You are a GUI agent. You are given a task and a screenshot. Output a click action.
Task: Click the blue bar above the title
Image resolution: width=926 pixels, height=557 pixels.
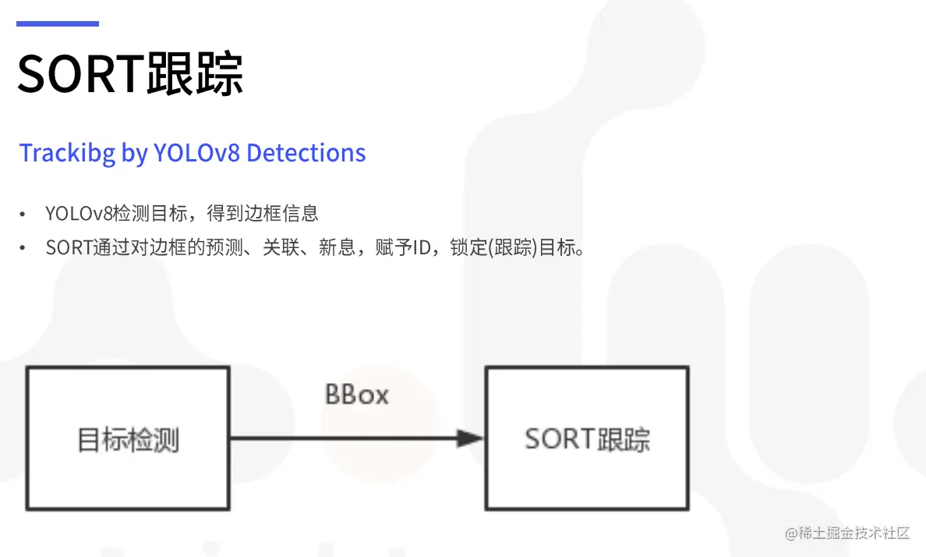click(58, 23)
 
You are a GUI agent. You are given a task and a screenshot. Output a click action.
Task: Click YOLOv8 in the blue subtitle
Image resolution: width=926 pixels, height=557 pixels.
click(196, 152)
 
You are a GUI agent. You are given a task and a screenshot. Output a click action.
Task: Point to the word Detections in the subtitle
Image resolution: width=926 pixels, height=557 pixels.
click(306, 152)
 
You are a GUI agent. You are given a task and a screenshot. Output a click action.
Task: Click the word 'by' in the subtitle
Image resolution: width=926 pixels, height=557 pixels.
click(133, 154)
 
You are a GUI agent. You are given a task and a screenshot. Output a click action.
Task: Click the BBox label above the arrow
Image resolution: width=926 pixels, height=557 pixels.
click(356, 395)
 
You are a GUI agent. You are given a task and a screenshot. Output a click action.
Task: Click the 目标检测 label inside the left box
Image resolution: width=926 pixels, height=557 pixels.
click(128, 440)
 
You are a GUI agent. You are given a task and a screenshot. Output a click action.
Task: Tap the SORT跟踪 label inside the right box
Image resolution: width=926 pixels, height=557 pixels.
click(587, 439)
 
